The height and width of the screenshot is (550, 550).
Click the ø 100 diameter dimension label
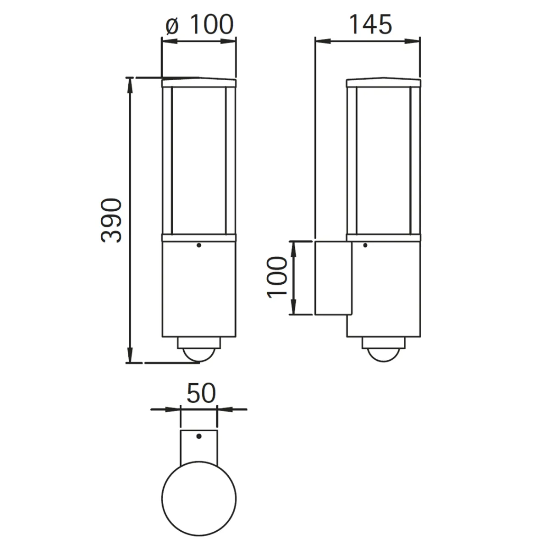tap(199, 25)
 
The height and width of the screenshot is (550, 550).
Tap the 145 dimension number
tap(370, 25)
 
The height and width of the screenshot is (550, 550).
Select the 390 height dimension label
tap(111, 220)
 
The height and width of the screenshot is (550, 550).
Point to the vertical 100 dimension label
tap(276, 277)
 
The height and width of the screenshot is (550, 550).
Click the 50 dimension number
tap(201, 393)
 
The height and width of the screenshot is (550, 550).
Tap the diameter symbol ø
tap(172, 27)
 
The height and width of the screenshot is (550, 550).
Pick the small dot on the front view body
tap(199, 245)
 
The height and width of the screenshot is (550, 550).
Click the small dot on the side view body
tap(365, 245)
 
